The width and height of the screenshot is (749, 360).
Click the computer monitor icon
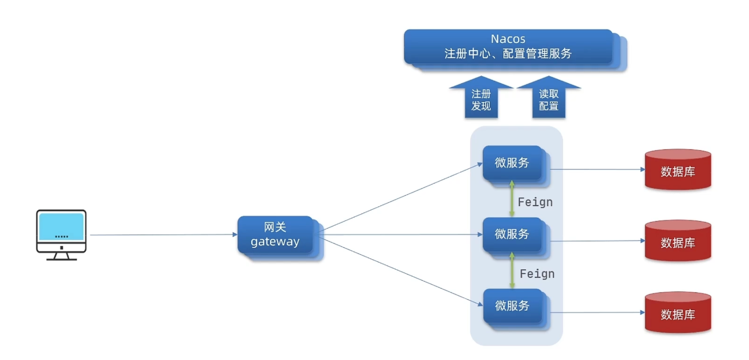(61, 234)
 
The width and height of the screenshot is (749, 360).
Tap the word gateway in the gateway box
(275, 241)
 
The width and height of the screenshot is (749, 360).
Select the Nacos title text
(508, 39)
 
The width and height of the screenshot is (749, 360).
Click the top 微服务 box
(512, 163)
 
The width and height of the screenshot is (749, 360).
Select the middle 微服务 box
(512, 234)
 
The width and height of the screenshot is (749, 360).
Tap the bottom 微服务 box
(512, 306)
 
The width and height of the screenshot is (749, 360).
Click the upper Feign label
(535, 202)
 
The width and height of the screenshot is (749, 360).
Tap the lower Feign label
(537, 274)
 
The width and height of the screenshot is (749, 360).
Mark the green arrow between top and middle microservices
(512, 199)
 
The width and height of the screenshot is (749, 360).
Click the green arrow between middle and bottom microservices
(512, 270)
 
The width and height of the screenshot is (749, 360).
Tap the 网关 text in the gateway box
(275, 227)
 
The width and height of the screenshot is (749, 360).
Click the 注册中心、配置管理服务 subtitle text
(508, 54)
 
